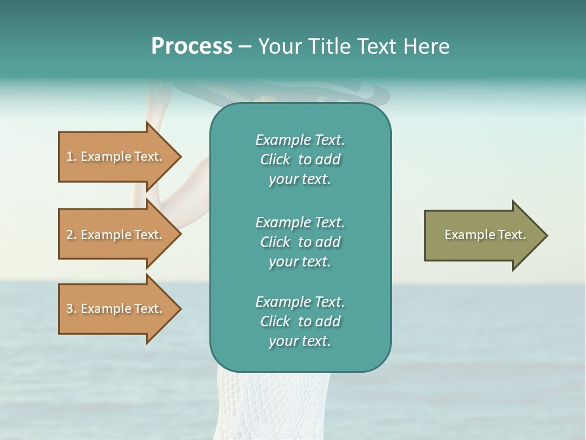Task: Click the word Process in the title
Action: pos(192,46)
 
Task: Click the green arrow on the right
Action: pos(482,235)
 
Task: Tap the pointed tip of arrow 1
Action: pos(179,156)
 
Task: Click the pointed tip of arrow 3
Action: pos(179,309)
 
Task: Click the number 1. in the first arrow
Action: pos(71,156)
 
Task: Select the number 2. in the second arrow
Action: pos(71,235)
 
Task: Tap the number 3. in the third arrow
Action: pos(71,309)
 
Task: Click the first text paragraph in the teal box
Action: pos(300,159)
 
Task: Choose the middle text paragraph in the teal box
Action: pos(300,241)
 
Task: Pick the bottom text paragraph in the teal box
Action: pos(300,321)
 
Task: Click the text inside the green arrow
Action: pos(485,235)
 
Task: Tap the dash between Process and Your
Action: pos(245,46)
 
